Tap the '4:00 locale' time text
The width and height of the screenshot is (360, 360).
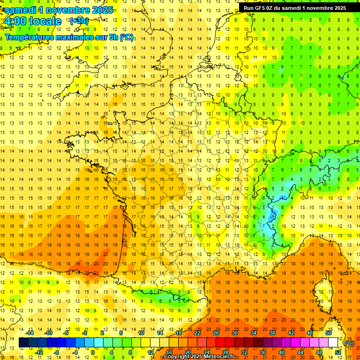coord(32,21)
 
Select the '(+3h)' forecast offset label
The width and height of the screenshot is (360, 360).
coord(78,21)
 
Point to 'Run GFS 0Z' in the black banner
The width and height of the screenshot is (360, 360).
coord(258,7)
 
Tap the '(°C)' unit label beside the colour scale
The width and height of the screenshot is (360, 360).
coord(349,343)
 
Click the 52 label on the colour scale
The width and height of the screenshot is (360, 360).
coord(338,352)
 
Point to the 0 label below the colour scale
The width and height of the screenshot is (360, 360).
coord(93,352)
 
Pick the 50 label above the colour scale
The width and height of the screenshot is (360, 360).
coord(329,333)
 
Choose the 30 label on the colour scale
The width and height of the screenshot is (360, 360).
coord(235,333)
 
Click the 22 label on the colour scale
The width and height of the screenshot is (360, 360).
coord(197,333)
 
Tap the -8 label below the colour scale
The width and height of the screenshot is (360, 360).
coord(57,352)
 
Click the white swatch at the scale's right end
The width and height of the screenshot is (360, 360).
coord(333,343)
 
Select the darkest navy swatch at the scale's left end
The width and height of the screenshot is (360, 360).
coord(24,343)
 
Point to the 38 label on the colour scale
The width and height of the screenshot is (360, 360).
coord(272,333)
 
